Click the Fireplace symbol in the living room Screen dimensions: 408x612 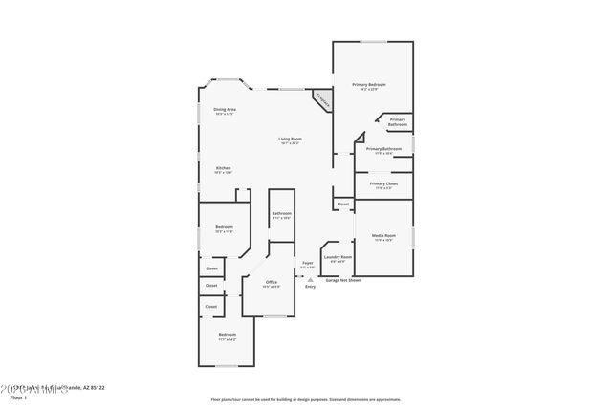point(322,98)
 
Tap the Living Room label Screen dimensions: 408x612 point(290,140)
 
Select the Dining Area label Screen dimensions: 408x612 point(225,110)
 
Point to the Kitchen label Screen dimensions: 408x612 point(222,168)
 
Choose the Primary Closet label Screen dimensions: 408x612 point(383,183)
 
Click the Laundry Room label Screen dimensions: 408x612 point(339,256)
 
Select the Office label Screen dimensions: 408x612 point(271,282)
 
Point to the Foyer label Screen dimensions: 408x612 point(308,263)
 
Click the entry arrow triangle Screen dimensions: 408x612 point(310,279)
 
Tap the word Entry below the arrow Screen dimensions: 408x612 point(310,287)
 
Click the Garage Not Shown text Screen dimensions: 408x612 point(343,280)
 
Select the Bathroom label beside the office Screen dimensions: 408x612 point(281,213)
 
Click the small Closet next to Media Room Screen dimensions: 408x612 point(343,204)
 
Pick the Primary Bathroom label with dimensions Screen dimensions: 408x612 point(383,149)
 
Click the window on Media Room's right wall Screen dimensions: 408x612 point(414,235)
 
